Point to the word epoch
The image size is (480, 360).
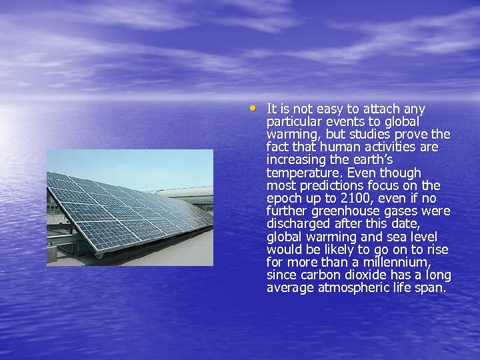click(x=283, y=199)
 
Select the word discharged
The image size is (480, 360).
click(x=297, y=224)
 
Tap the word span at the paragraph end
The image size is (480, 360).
click(x=431, y=288)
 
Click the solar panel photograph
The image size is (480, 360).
click(x=130, y=207)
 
